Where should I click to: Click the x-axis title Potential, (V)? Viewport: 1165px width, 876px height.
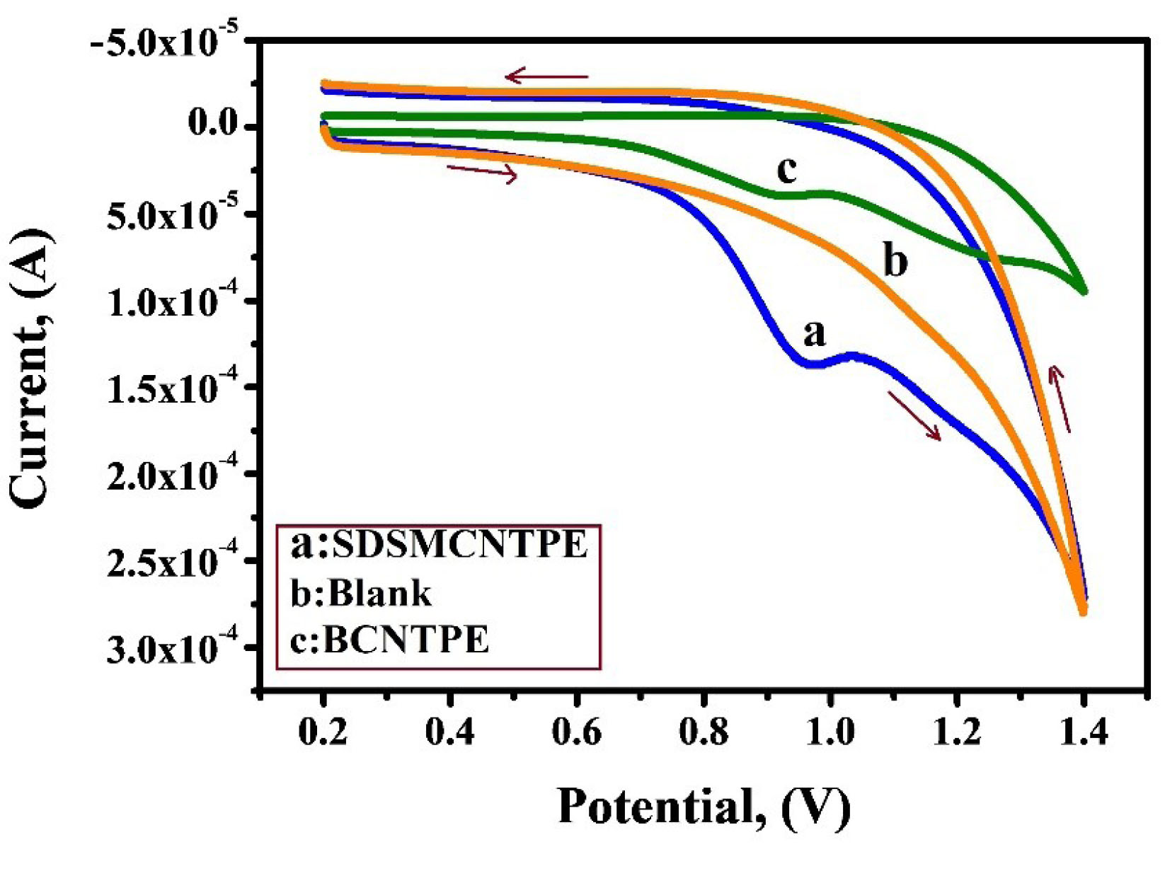(704, 807)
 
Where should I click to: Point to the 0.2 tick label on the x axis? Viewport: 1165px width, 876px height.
(323, 732)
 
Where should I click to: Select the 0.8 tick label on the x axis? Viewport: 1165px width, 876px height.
(703, 732)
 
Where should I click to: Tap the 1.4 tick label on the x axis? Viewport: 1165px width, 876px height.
(1084, 732)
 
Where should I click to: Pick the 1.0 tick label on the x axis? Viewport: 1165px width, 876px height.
(830, 732)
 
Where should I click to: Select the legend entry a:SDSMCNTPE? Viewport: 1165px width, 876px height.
(439, 546)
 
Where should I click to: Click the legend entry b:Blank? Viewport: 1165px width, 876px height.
(361, 593)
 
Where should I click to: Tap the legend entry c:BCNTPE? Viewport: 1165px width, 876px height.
(390, 640)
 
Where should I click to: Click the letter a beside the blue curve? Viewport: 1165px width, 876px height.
(815, 333)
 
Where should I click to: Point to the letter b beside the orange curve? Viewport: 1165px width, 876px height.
(895, 261)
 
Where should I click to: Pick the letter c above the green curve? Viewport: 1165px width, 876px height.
(786, 170)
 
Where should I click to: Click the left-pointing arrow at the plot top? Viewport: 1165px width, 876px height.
(546, 76)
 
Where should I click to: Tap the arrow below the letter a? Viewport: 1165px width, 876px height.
(914, 417)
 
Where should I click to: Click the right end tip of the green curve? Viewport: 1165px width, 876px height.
(1084, 291)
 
